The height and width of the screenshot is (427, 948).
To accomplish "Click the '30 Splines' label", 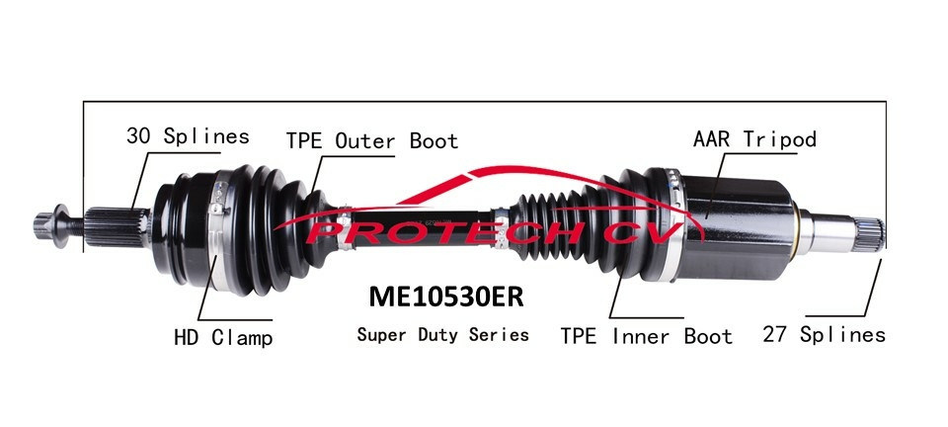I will [x=188, y=136].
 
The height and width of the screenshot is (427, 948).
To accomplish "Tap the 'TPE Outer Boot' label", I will [x=372, y=141].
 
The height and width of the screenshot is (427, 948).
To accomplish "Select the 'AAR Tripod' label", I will [x=754, y=139].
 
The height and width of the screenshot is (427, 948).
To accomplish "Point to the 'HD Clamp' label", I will [x=223, y=337].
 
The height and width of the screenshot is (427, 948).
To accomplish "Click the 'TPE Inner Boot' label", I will [x=646, y=336].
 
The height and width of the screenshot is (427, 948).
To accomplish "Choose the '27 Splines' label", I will [x=824, y=334].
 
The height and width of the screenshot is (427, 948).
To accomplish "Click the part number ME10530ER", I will [x=445, y=296].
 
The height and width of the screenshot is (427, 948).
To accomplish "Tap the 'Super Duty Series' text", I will [x=442, y=334].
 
